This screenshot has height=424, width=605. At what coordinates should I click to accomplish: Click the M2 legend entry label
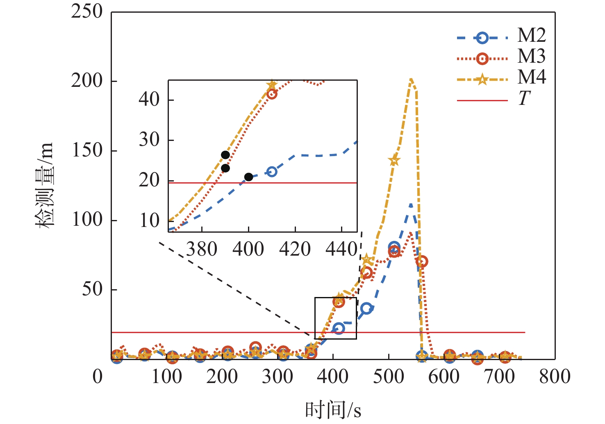[532, 36]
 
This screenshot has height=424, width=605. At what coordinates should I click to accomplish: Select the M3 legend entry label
[532, 57]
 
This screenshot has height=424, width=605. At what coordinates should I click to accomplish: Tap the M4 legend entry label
[532, 77]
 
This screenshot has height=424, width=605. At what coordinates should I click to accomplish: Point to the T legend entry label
[524, 98]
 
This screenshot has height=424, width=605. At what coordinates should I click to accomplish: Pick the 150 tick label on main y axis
[86, 150]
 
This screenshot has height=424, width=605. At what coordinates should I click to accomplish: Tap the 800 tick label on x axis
[555, 376]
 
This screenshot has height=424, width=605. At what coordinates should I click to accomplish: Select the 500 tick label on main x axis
[388, 376]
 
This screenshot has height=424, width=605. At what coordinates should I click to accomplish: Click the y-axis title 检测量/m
[44, 185]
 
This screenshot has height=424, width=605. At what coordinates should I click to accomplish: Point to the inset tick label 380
[202, 249]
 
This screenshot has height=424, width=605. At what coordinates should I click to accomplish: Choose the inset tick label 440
[342, 249]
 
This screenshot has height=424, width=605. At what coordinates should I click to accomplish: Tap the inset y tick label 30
[150, 140]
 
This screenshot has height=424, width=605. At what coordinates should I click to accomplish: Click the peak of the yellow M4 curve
[411, 79]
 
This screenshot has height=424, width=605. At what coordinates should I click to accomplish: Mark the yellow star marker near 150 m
[394, 160]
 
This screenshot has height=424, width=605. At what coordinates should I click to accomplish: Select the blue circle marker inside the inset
[271, 172]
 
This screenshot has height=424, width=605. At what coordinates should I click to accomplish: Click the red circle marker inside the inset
[271, 94]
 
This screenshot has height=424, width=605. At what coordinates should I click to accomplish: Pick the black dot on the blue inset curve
[248, 177]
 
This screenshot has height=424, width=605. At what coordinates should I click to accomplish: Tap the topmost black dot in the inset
[225, 155]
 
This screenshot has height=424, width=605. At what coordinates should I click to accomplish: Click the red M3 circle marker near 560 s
[422, 261]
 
